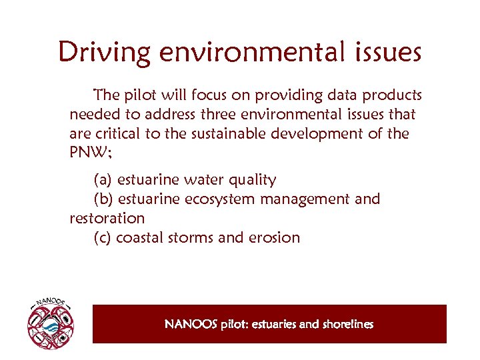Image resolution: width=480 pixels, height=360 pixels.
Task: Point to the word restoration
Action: point(107,219)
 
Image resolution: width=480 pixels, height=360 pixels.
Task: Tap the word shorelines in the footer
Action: point(347,325)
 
